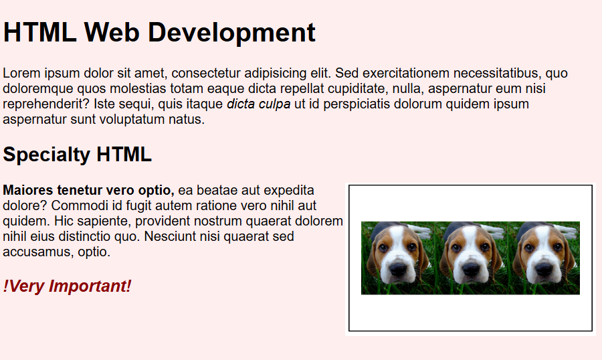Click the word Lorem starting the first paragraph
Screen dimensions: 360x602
[20, 73]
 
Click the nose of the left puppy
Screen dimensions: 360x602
[397, 269]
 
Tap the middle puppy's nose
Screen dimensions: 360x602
[470, 269]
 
